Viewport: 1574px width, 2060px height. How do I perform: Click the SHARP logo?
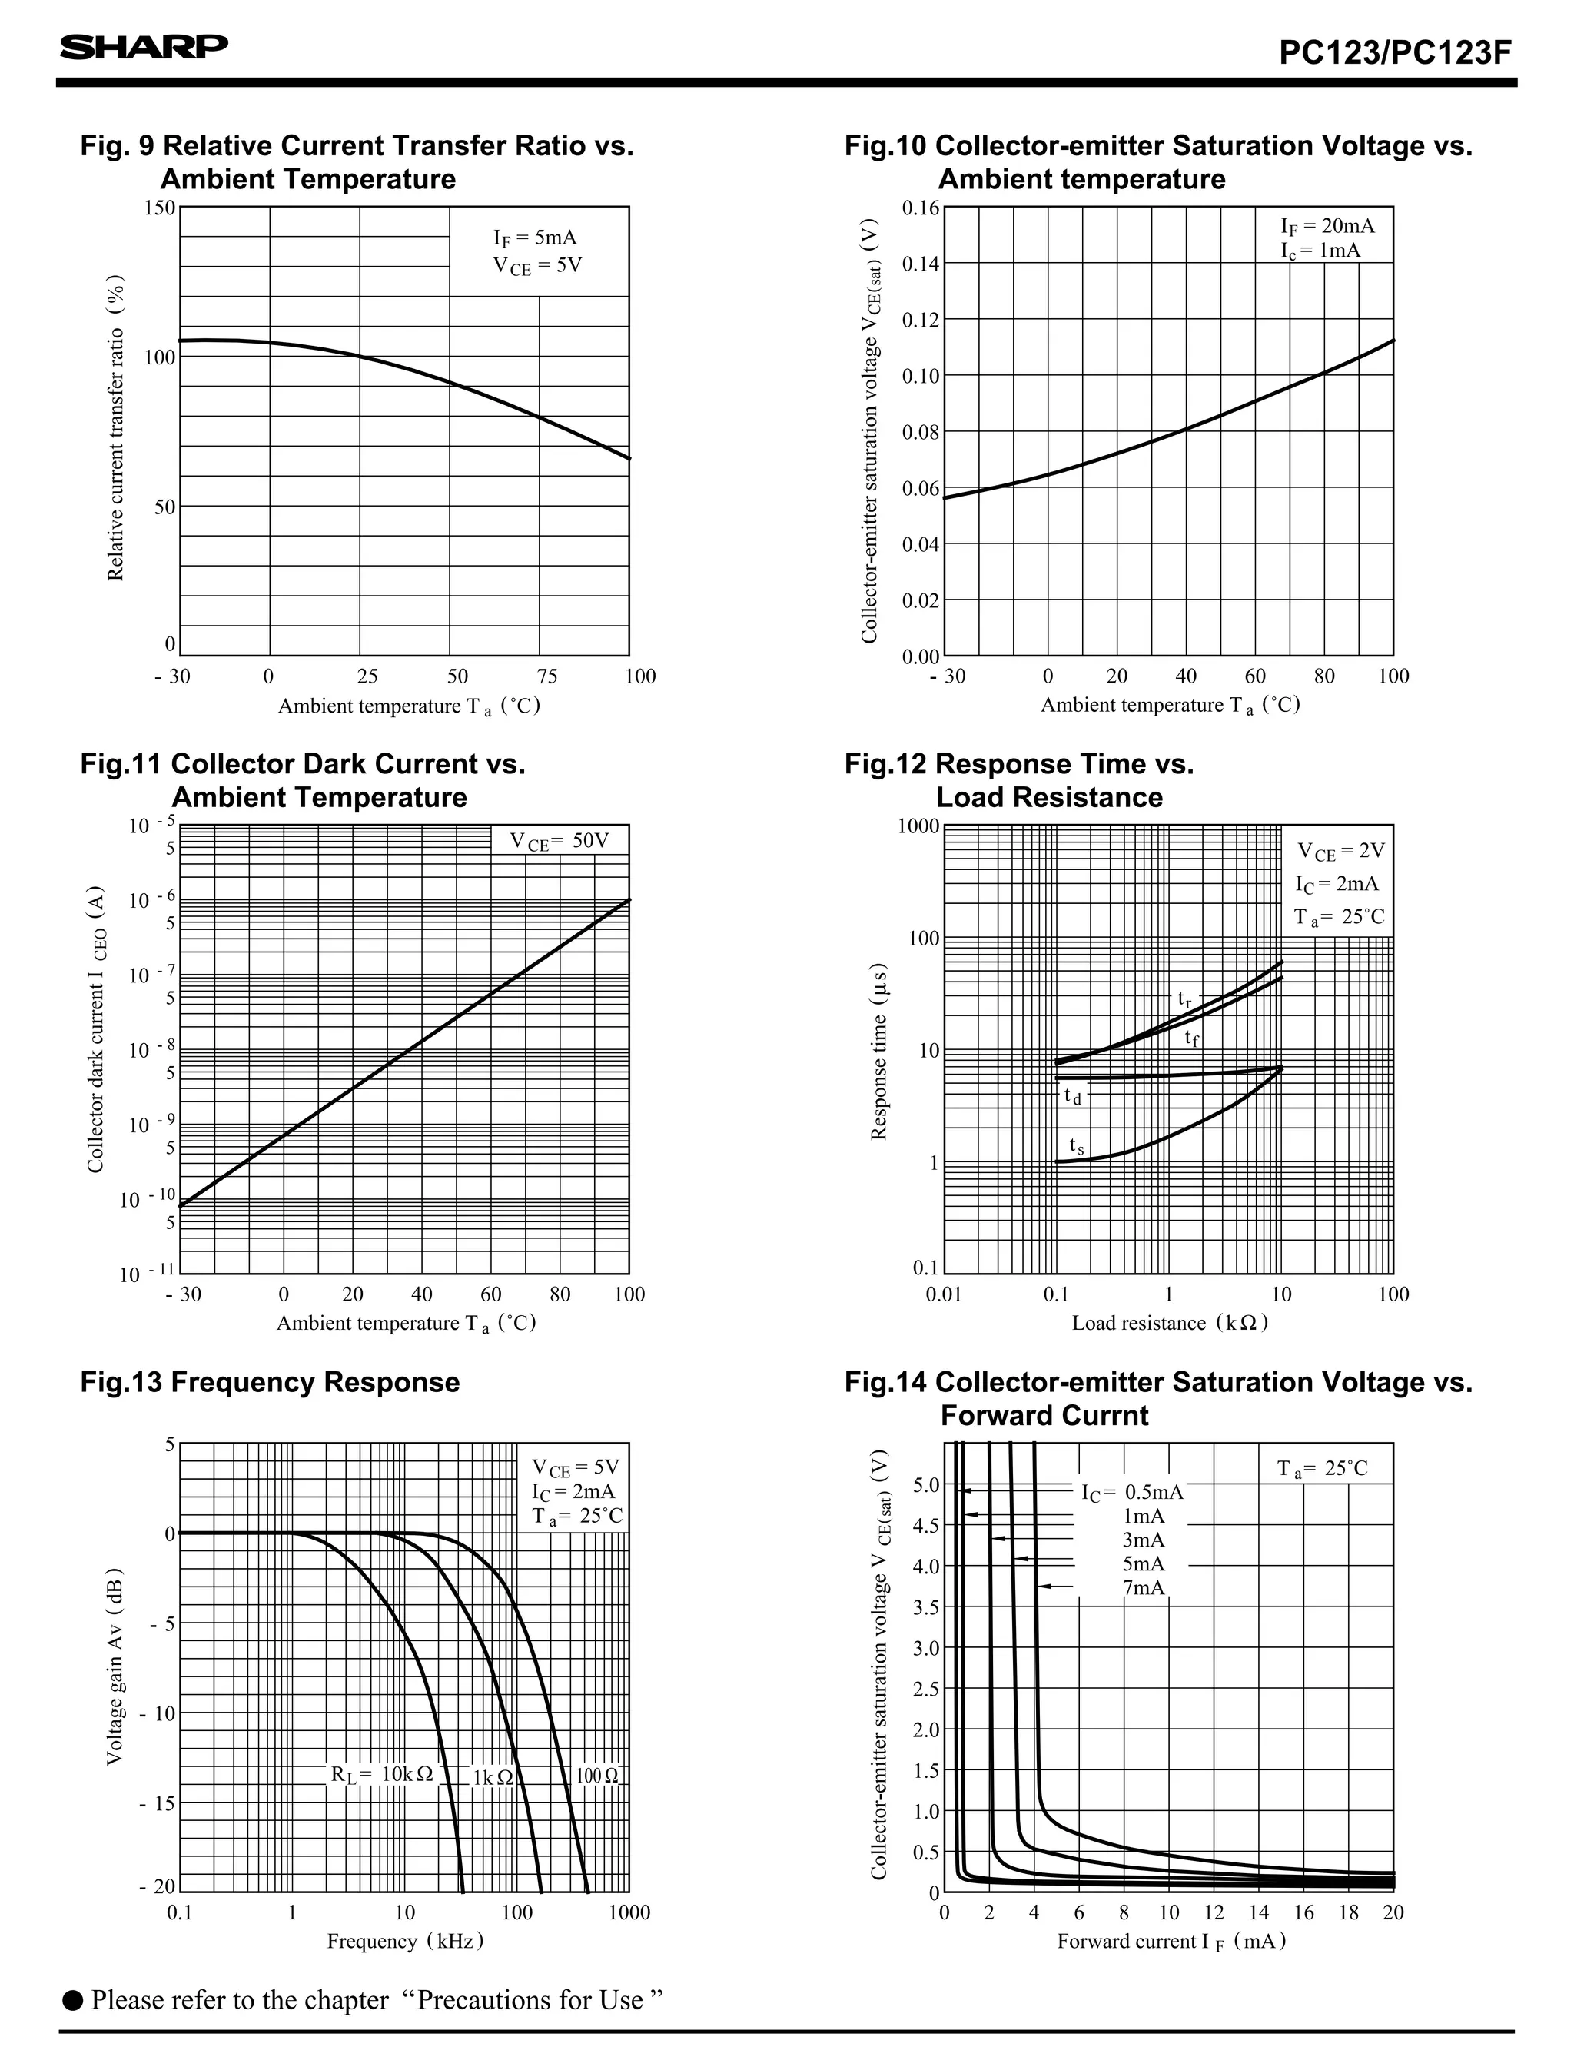pyautogui.click(x=144, y=47)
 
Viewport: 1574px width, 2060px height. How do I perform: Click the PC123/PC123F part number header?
pyautogui.click(x=1395, y=52)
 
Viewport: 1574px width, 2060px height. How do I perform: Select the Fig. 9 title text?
pyautogui.click(x=357, y=162)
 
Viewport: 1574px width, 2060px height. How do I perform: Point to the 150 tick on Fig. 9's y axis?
pyautogui.click(x=159, y=207)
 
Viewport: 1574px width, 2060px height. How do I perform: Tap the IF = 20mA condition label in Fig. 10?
pyautogui.click(x=1327, y=226)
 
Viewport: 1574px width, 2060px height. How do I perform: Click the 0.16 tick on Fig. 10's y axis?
pyautogui.click(x=920, y=207)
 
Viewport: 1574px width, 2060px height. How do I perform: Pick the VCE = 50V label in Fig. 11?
pyautogui.click(x=559, y=841)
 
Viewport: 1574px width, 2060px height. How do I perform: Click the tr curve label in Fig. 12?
pyautogui.click(x=1185, y=999)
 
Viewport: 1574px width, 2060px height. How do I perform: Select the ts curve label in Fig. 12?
pyautogui.click(x=1077, y=1146)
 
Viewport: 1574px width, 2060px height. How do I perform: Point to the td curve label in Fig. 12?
pyautogui.click(x=1072, y=1095)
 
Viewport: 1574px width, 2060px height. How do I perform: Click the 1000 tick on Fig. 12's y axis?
pyautogui.click(x=918, y=826)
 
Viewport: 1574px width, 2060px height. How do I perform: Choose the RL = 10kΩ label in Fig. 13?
pyautogui.click(x=381, y=1774)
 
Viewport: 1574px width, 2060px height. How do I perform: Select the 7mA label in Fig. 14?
pyautogui.click(x=1143, y=1587)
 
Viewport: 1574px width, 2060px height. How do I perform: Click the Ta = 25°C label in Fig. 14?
pyautogui.click(x=1322, y=1469)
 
